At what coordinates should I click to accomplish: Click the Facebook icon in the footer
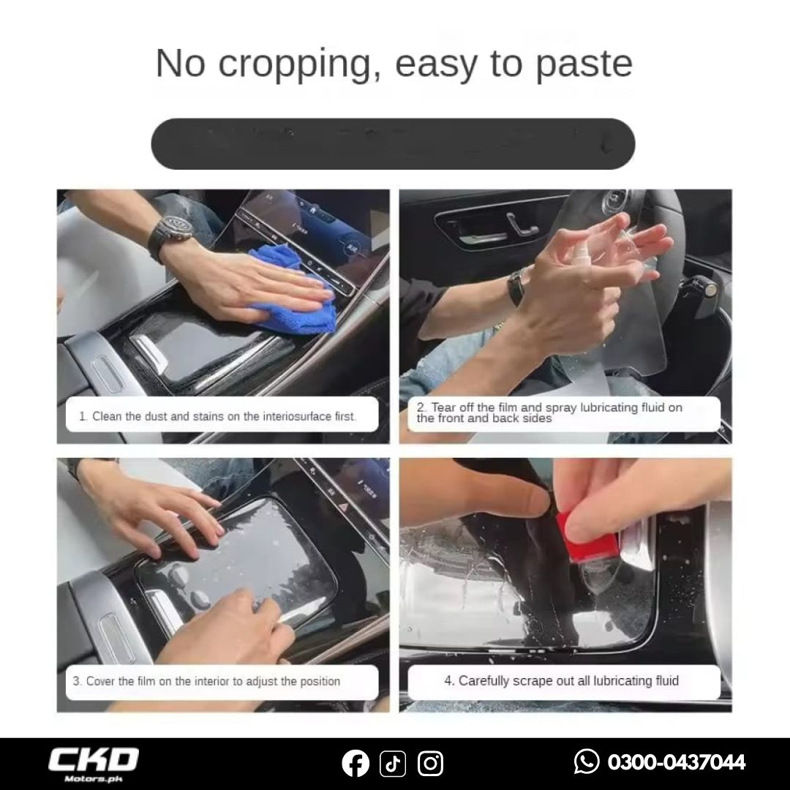click(x=355, y=763)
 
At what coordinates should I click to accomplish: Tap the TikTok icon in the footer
click(x=393, y=763)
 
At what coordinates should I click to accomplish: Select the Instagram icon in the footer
click(x=430, y=763)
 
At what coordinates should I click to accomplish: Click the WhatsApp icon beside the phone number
click(x=587, y=761)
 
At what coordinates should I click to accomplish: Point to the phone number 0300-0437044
click(x=676, y=761)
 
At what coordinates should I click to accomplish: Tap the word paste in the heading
click(x=584, y=64)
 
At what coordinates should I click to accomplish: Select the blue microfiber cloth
click(x=292, y=290)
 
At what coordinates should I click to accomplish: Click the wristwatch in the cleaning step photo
click(x=172, y=233)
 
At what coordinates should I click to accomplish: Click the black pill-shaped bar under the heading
click(x=393, y=144)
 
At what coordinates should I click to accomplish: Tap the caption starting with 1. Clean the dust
click(x=218, y=417)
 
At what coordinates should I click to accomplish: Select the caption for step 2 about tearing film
click(x=549, y=413)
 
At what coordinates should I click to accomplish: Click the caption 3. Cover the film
click(x=206, y=681)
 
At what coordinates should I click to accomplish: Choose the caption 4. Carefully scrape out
click(x=561, y=681)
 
